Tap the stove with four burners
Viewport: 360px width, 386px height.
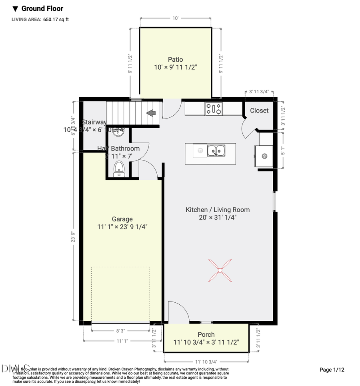click(214, 109)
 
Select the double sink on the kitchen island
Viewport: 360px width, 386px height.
click(216, 151)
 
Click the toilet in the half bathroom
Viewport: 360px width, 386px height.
click(119, 169)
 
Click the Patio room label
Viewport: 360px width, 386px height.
click(175, 60)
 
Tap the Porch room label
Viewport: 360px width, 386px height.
click(206, 334)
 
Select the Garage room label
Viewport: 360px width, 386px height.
click(122, 219)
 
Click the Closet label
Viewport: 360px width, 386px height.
click(259, 111)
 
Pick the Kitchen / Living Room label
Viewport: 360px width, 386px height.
click(218, 210)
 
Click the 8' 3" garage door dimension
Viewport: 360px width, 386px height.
click(121, 331)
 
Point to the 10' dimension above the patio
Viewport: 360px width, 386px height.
click(175, 18)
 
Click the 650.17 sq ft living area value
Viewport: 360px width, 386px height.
click(56, 19)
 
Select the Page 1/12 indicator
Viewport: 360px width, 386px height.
click(332, 370)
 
